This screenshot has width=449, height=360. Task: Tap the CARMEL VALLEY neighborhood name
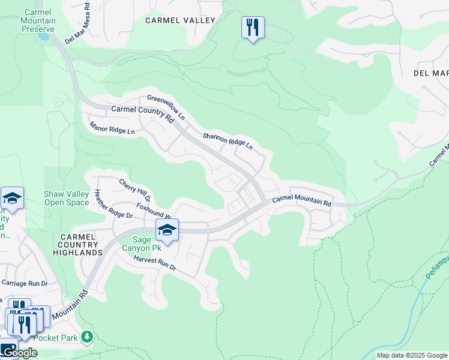point(180,20)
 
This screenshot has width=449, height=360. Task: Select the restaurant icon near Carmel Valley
point(253,27)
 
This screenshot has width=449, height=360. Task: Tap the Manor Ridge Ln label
point(112,136)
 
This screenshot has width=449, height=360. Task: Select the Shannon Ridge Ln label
point(228,141)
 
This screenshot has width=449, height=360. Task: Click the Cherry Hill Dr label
point(134,190)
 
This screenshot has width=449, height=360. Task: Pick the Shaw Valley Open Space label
point(67,198)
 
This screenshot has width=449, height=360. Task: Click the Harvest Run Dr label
point(155,263)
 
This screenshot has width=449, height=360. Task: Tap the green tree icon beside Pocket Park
point(88,337)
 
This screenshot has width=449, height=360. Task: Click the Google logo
point(19,353)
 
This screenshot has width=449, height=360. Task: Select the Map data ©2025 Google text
point(412,355)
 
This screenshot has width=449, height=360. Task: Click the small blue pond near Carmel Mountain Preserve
point(43,35)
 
